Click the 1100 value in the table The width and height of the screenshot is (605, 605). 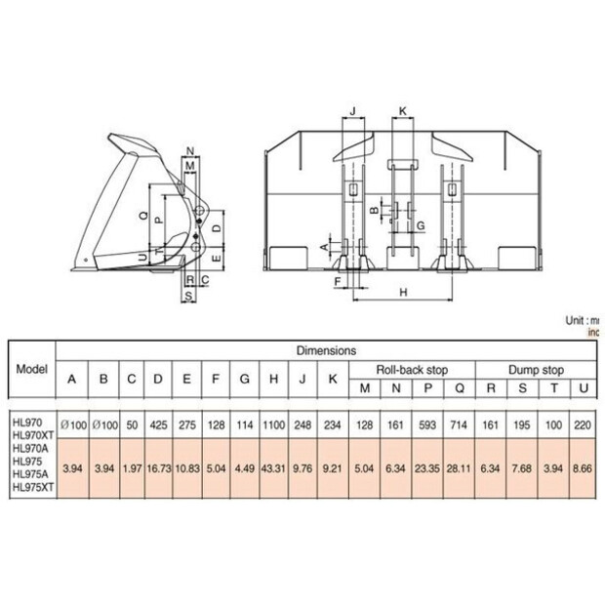pyautogui.click(x=275, y=426)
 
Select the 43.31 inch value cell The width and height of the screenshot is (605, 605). pyautogui.click(x=275, y=468)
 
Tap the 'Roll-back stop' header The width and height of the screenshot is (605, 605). pyautogui.click(x=412, y=369)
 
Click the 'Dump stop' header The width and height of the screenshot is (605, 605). pyautogui.click(x=537, y=369)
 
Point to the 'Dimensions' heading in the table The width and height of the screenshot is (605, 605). pyautogui.click(x=326, y=349)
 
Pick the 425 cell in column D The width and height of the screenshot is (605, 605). pyautogui.click(x=158, y=426)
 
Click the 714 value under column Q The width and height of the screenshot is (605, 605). pyautogui.click(x=459, y=426)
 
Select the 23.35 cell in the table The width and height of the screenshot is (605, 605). pyautogui.click(x=426, y=468)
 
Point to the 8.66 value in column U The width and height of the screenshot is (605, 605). pyautogui.click(x=583, y=468)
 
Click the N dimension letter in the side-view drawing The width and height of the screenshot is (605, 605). pyautogui.click(x=189, y=150)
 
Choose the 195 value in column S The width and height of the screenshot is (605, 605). pyautogui.click(x=521, y=426)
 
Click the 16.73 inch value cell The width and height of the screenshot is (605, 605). pyautogui.click(x=158, y=468)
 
